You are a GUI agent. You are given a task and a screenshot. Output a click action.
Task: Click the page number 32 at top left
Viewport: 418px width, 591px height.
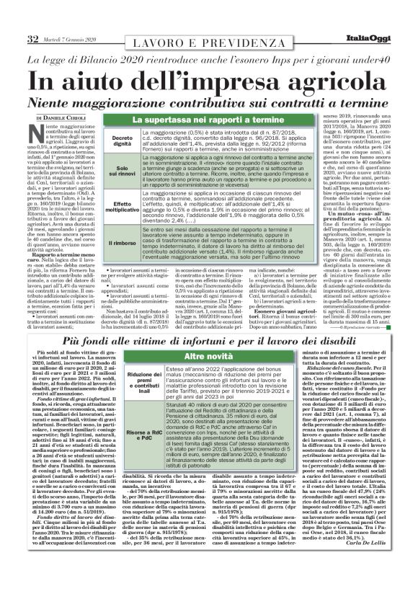33,38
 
